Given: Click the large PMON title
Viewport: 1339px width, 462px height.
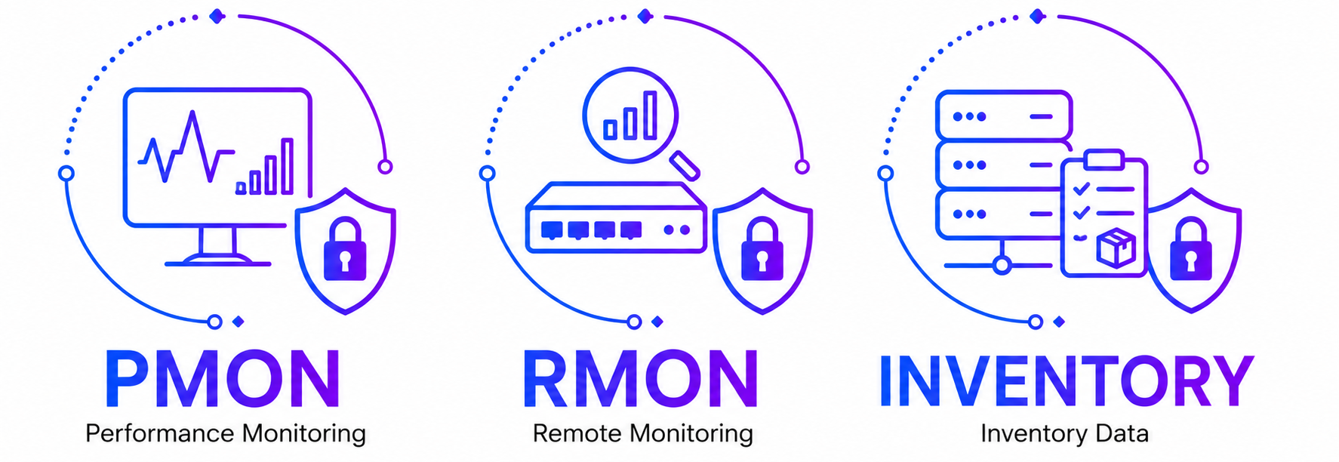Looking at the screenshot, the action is [223, 379].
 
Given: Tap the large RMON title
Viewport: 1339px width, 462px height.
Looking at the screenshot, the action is [641, 379].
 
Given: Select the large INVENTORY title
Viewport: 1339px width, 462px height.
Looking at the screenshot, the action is [1066, 379].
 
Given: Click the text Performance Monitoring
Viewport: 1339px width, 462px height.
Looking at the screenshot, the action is [226, 434].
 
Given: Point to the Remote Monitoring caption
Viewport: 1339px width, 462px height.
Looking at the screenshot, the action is [643, 434].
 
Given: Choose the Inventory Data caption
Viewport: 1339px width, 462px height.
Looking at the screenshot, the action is [1065, 433].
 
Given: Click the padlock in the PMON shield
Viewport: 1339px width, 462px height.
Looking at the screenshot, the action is [345, 249].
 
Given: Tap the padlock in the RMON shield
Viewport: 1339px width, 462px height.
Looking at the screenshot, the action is [762, 249].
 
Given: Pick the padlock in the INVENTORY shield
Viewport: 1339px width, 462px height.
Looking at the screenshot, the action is [1191, 249].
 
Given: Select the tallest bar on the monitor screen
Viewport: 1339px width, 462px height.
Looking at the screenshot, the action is [287, 166].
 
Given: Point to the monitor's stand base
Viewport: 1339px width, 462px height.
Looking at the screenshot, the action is [218, 261].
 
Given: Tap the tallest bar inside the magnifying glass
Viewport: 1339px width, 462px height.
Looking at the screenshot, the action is [650, 115].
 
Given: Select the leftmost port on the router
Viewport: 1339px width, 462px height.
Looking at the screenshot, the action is [552, 229].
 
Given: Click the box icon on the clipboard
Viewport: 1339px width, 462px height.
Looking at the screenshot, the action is [1116, 248].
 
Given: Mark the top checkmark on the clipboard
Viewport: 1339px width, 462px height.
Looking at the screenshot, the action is [1081, 188].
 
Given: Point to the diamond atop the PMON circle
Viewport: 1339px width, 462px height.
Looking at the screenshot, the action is [217, 16].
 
